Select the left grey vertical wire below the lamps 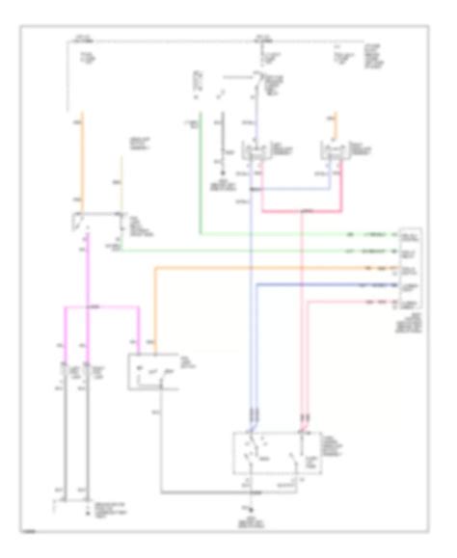pos(65,434)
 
